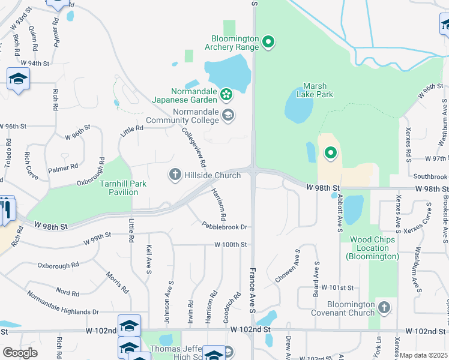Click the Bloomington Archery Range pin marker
pyautogui.click(x=270, y=42)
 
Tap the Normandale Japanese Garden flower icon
pyautogui.click(x=226, y=94)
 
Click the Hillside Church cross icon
pyautogui.click(x=175, y=175)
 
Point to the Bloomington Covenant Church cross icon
pyautogui.click(x=385, y=308)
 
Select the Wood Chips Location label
pyautogui.click(x=372, y=248)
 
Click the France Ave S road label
pyautogui.click(x=253, y=290)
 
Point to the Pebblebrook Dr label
pyautogui.click(x=224, y=227)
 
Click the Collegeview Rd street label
pyautogui.click(x=194, y=147)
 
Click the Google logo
pyautogui.click(x=20, y=353)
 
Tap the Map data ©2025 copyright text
pyautogui.click(x=424, y=355)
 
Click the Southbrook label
pyautogui.click(x=430, y=176)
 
